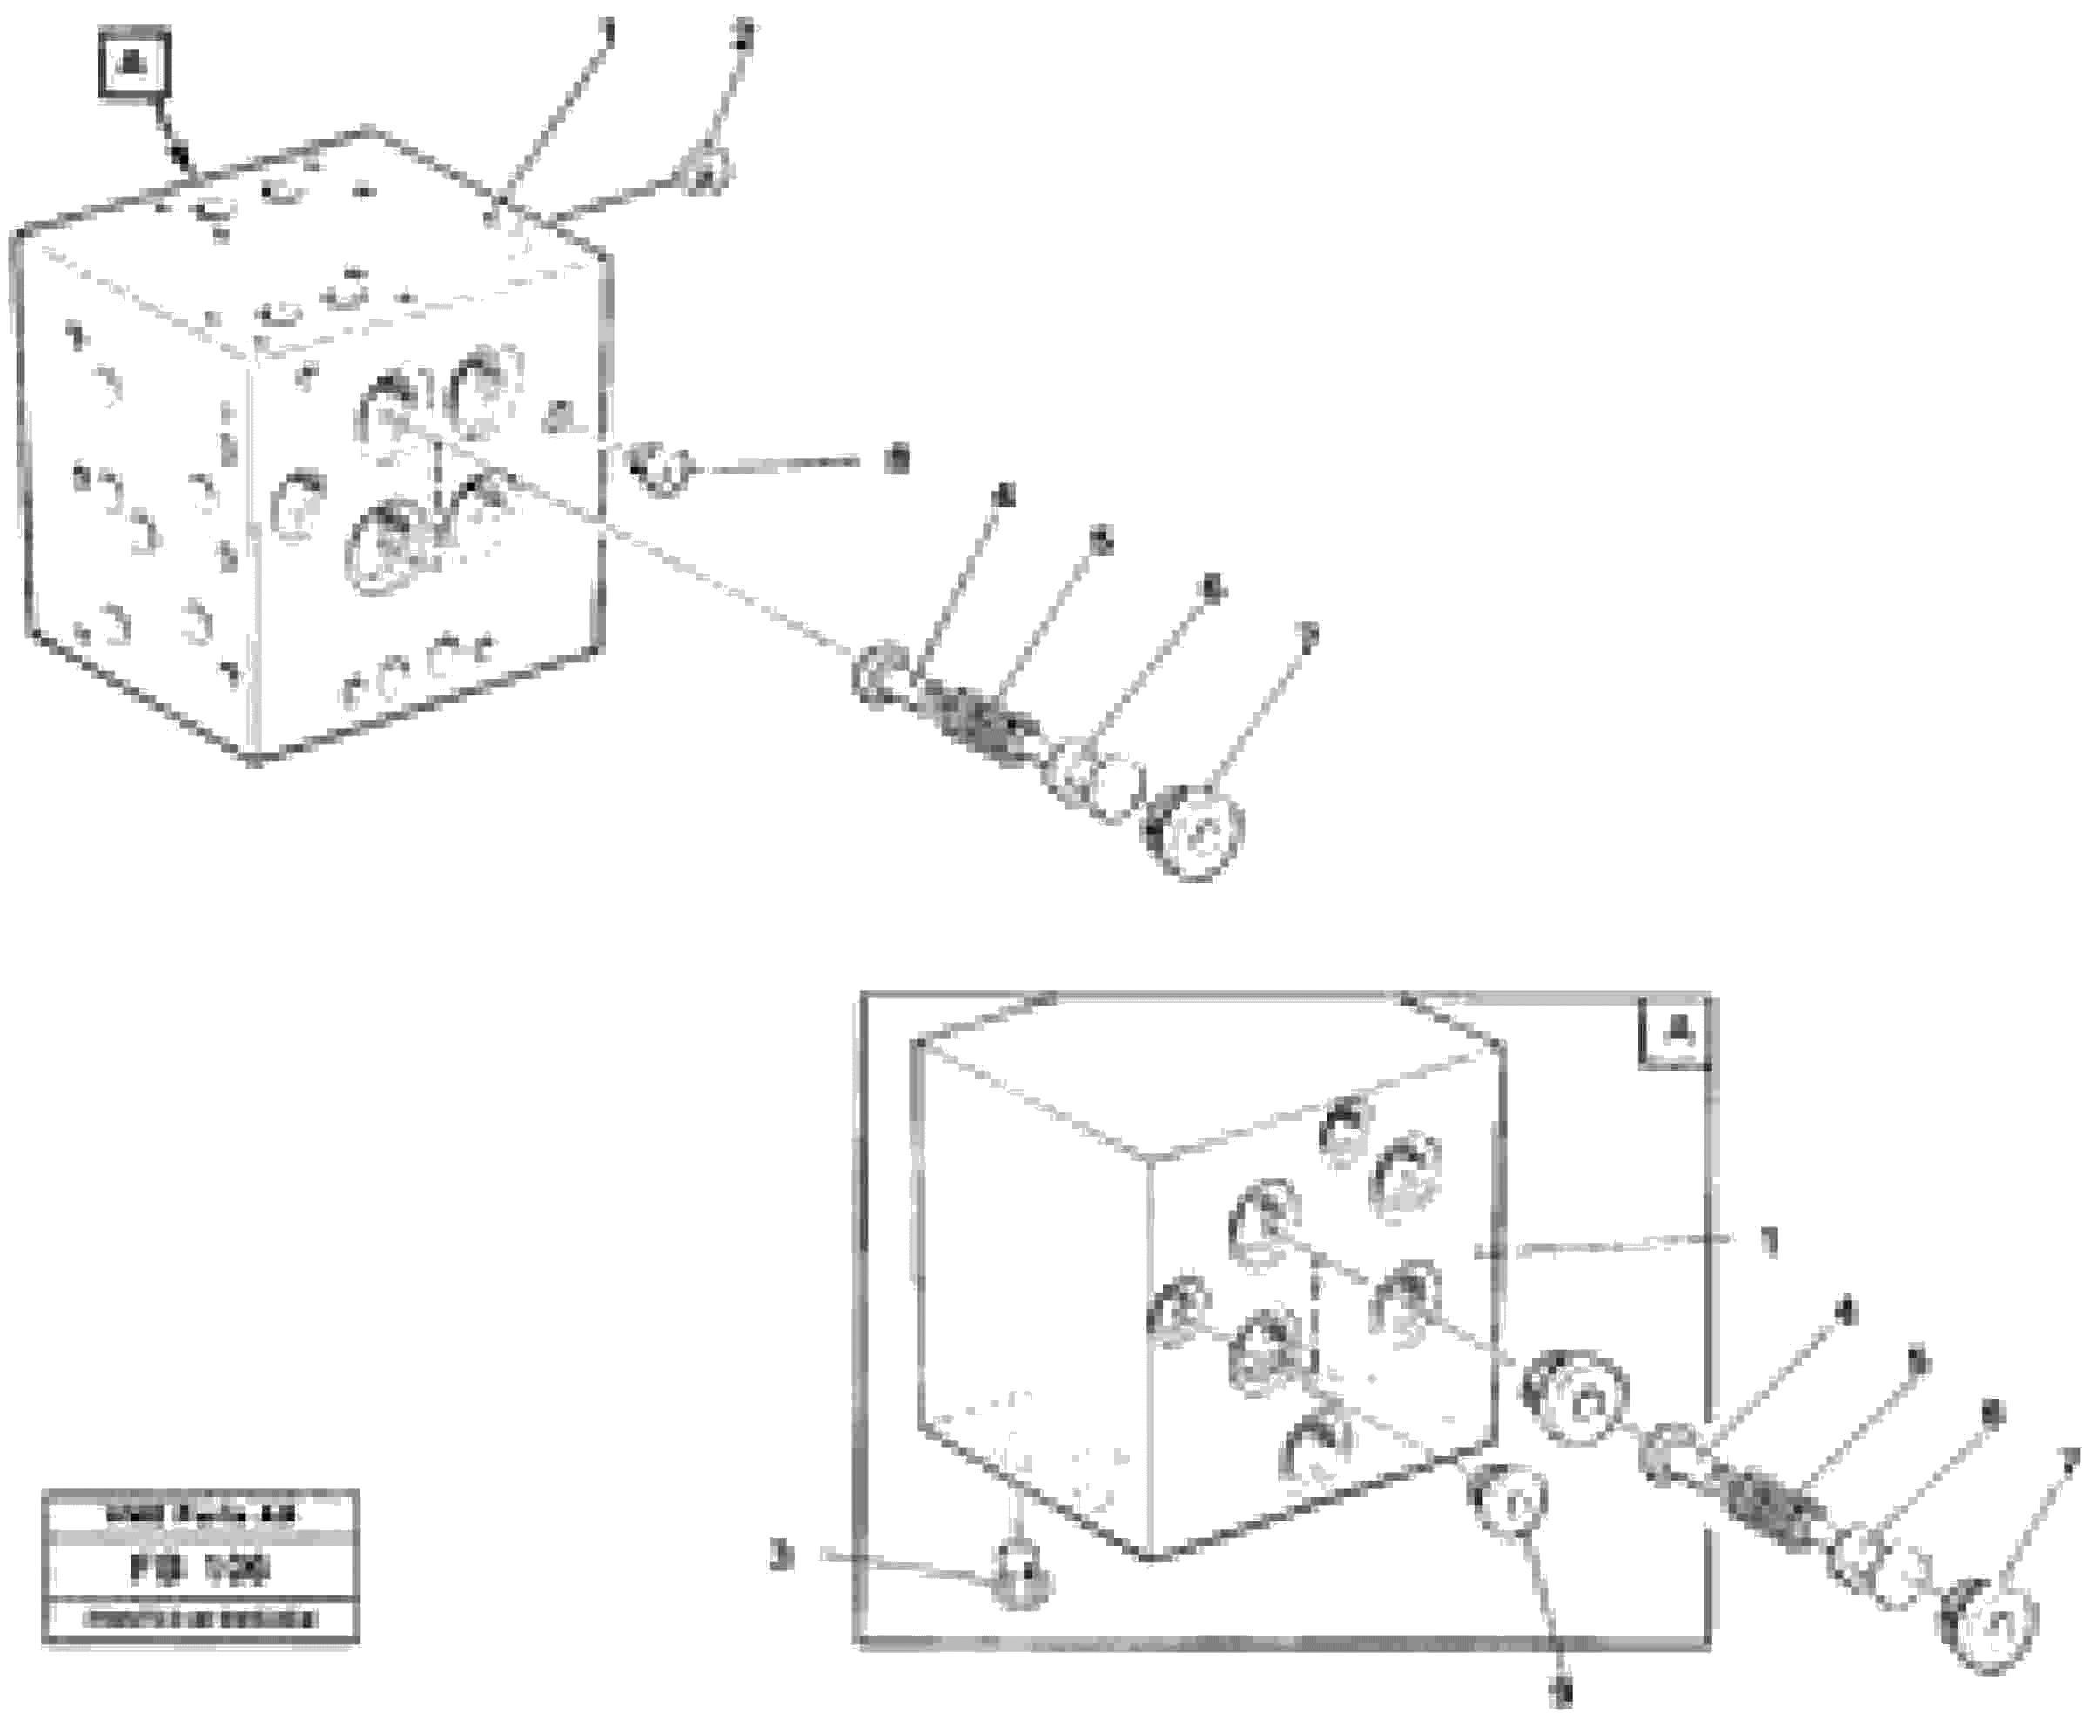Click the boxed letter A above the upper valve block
[x=134, y=65]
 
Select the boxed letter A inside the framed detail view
[x=1677, y=1034]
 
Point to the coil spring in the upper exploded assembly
[x=974, y=724]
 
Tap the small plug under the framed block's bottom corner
[x=1022, y=1573]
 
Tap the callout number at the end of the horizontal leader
[x=897, y=460]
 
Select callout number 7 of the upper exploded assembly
[x=1308, y=635]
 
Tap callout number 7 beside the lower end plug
[x=2068, y=1461]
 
